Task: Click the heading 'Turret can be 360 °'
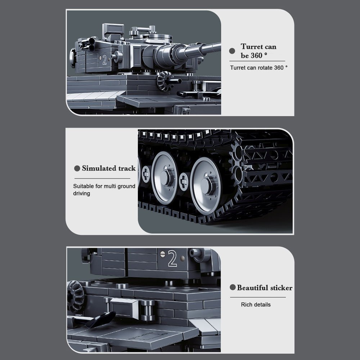point(258,51)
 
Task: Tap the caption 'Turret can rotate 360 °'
point(259,68)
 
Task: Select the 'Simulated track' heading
point(109,168)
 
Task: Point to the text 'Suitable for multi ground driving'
point(104,190)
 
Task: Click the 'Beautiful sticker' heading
point(265,288)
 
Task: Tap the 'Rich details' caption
point(256,305)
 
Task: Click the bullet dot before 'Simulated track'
point(77,168)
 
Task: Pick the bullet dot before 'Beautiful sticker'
point(233,288)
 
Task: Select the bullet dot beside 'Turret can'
point(232,52)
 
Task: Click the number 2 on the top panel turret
point(104,60)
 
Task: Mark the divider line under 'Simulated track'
point(102,179)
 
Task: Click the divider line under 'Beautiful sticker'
point(258,297)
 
